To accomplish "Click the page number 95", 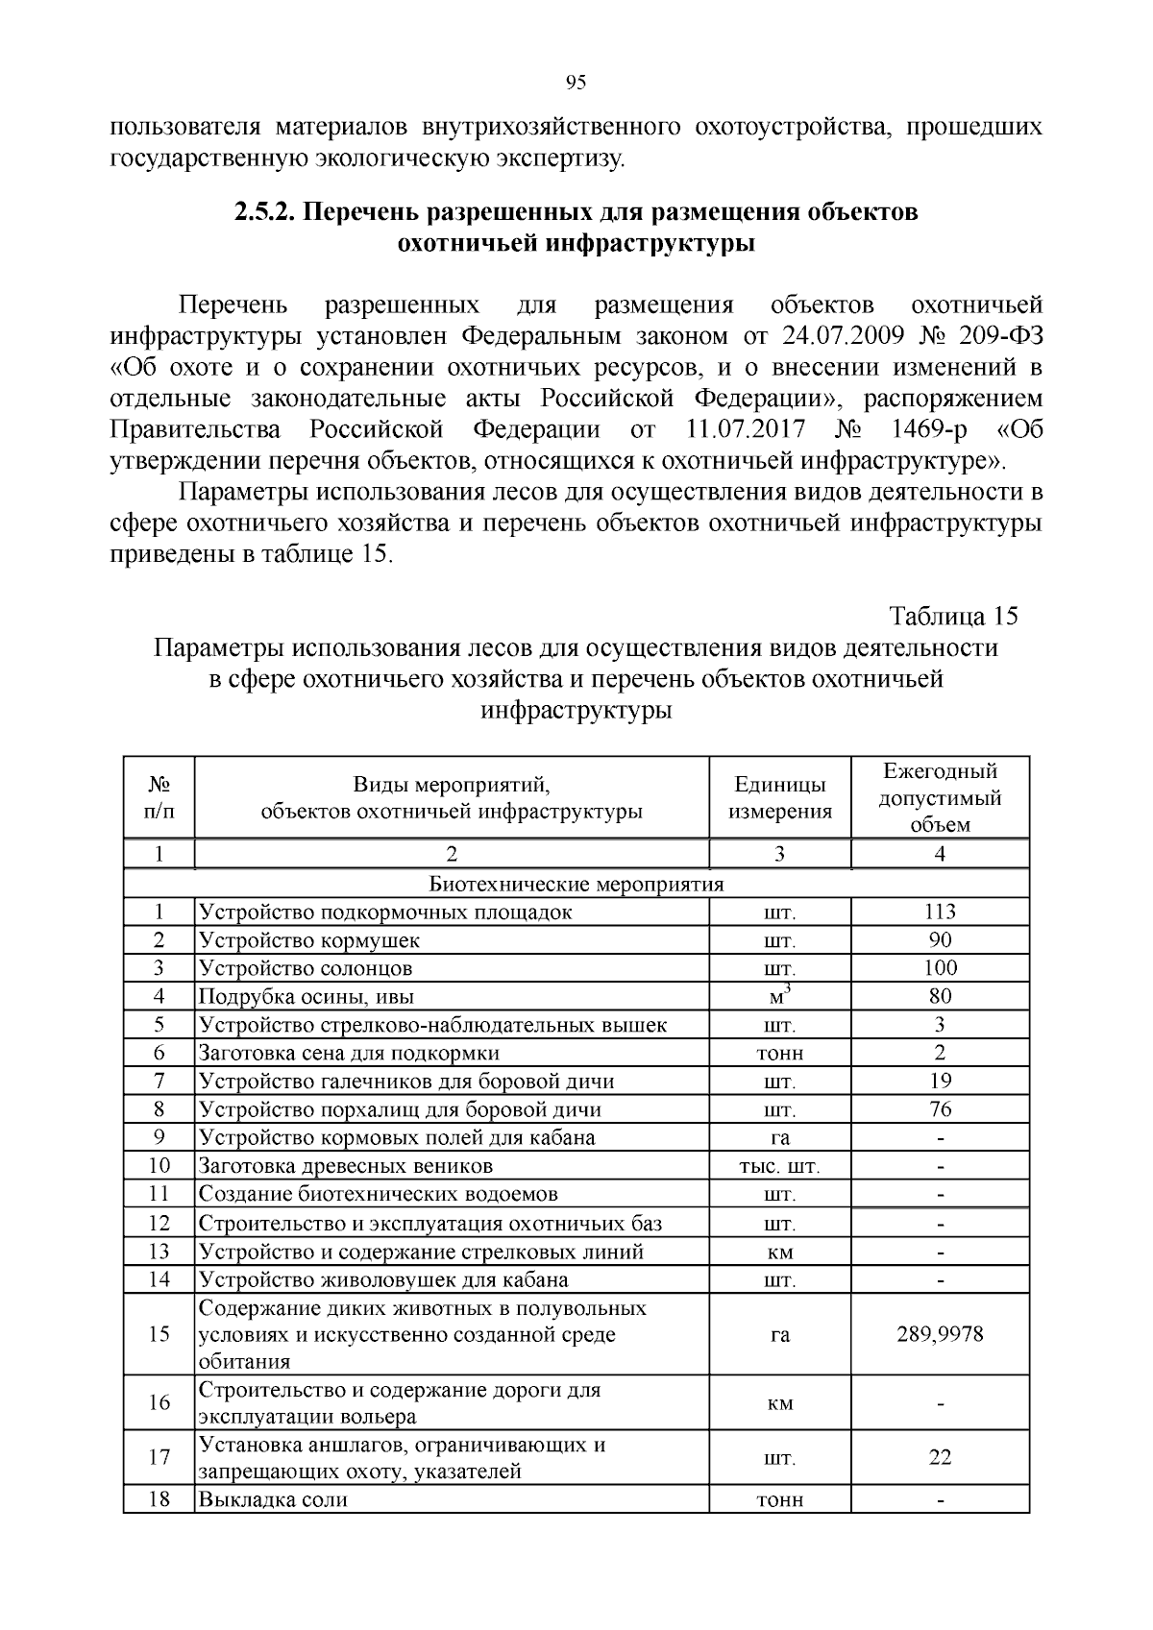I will tap(576, 84).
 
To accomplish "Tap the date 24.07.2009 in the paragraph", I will tap(806, 336).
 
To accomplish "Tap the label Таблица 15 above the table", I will tap(952, 616).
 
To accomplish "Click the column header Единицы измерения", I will tap(779, 798).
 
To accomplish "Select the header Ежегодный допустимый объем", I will tap(940, 797).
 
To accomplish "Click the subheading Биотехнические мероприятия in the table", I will tap(576, 884).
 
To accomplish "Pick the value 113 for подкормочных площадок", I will tap(940, 912).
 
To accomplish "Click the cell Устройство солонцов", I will tap(306, 968).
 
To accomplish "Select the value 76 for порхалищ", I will tap(940, 1109).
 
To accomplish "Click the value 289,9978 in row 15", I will tap(940, 1335).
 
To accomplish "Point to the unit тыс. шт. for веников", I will tap(779, 1167).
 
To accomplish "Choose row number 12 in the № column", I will tap(159, 1224).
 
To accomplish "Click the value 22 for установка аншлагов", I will tap(940, 1458).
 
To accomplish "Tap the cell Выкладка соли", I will tap(273, 1499).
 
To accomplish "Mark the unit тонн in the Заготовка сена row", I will tap(779, 1054).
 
